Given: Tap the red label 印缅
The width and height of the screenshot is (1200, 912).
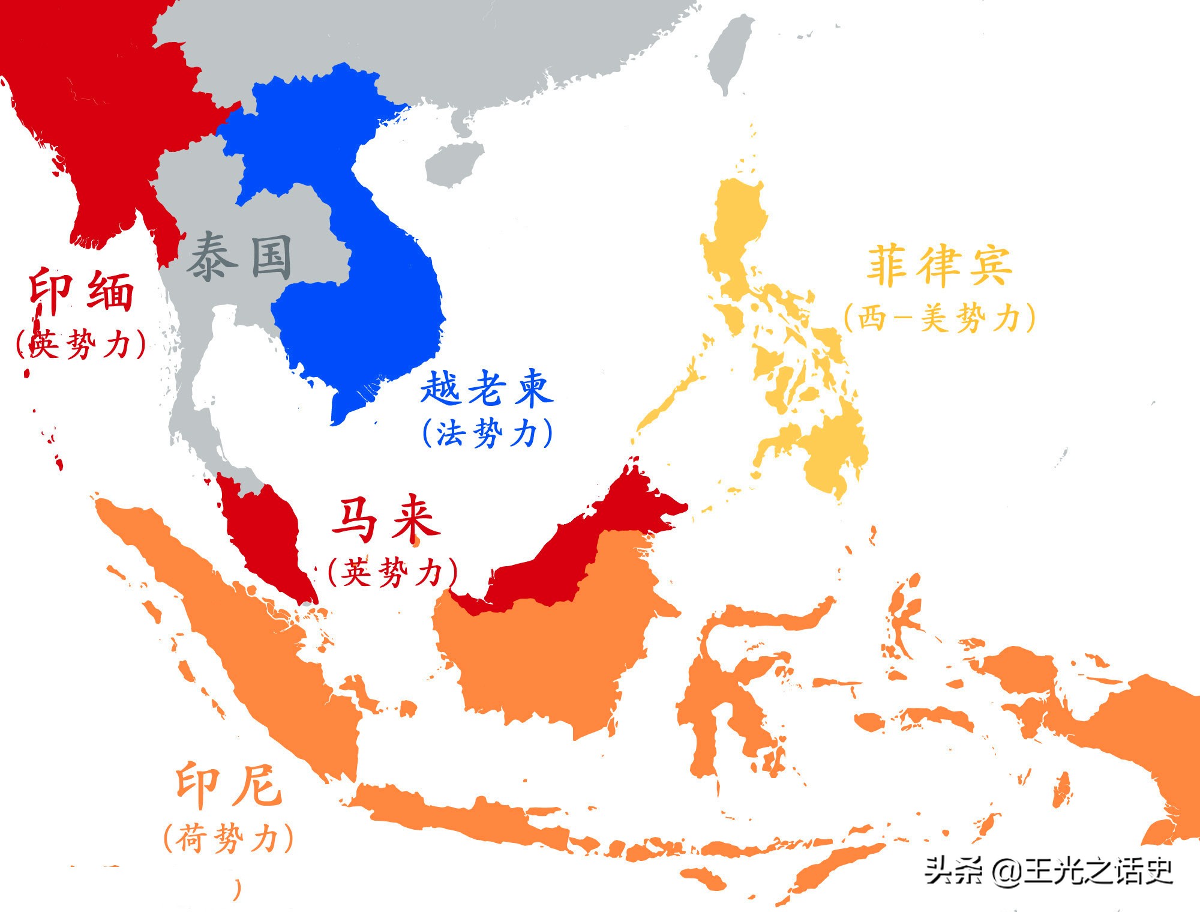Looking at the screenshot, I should pyautogui.click(x=82, y=292).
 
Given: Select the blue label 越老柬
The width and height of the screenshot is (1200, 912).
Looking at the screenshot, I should pyautogui.click(x=486, y=388).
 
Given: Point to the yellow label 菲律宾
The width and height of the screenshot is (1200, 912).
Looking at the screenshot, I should pyautogui.click(x=940, y=265).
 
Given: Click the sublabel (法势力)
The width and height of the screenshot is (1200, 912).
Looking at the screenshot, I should pyautogui.click(x=487, y=433).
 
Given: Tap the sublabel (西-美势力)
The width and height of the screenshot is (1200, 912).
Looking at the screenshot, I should pyautogui.click(x=940, y=318).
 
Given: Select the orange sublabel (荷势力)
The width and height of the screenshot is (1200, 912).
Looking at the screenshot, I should pyautogui.click(x=229, y=838).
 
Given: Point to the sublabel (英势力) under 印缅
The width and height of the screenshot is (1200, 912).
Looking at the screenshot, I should pyautogui.click(x=81, y=344).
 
